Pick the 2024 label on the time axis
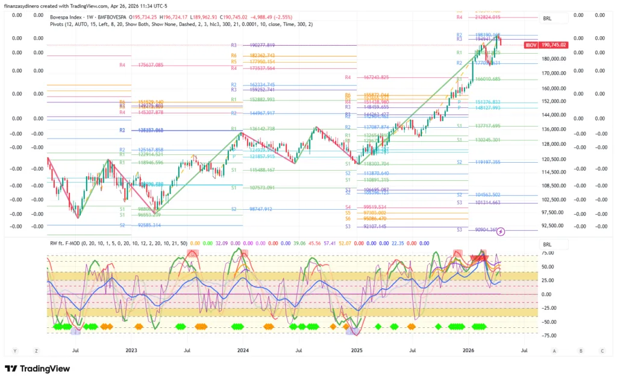pyautogui.click(x=243, y=350)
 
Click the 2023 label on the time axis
pyautogui.click(x=131, y=350)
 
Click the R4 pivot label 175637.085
pyautogui.click(x=142, y=65)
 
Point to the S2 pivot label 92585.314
pyautogui.click(x=140, y=225)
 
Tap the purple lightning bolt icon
pyautogui.click(x=501, y=231)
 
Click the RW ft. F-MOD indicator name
pyautogui.click(x=66, y=244)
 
